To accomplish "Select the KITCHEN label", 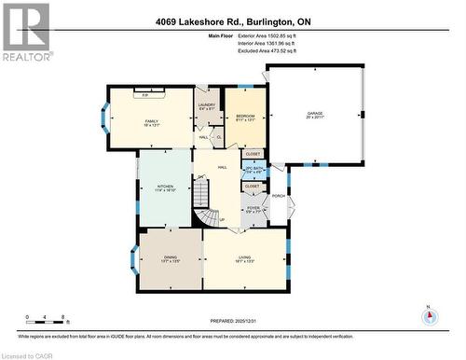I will (166, 187).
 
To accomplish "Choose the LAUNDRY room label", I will (207, 105).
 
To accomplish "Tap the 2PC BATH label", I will (253, 169).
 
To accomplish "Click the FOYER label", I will (253, 210).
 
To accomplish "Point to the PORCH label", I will (278, 196).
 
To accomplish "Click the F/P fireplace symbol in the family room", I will (145, 95).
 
